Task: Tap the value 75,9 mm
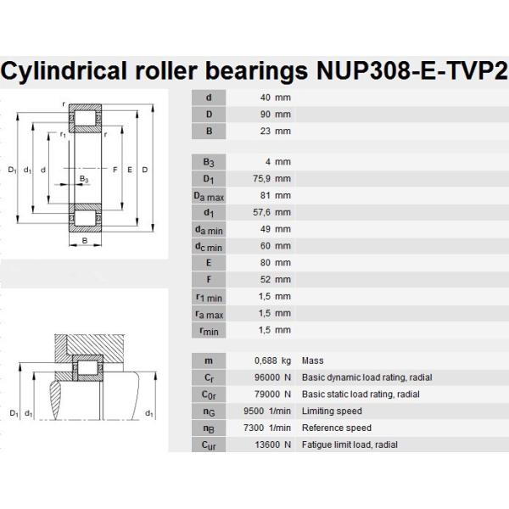coord(272,179)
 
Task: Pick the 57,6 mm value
coord(272,212)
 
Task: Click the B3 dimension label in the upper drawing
coord(83,179)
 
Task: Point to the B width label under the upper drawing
coord(85,240)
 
